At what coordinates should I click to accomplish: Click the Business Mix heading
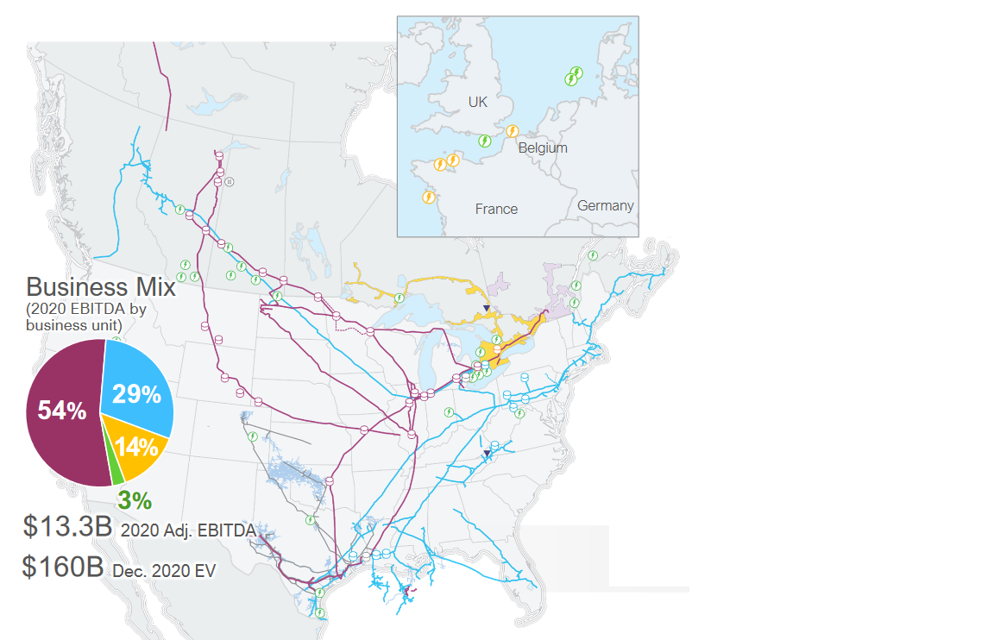[x=101, y=287]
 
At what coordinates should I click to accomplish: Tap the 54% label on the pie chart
[x=61, y=411]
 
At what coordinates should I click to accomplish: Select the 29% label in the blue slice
[x=136, y=395]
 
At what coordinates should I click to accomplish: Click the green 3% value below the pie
[x=135, y=500]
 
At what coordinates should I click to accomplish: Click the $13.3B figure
[x=68, y=527]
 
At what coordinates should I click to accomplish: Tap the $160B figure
[x=63, y=567]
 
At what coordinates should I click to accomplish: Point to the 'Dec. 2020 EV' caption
[x=163, y=570]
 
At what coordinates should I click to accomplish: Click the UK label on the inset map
[x=477, y=102]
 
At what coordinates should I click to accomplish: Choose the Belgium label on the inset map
[x=543, y=147]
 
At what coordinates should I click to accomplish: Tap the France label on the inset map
[x=496, y=209]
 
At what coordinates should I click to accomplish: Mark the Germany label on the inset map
[x=605, y=205]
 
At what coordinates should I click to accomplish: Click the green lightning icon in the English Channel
[x=485, y=141]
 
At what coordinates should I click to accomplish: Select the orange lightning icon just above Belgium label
[x=512, y=131]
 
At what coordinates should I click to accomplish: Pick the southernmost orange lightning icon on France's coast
[x=428, y=198]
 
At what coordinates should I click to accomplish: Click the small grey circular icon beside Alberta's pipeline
[x=230, y=182]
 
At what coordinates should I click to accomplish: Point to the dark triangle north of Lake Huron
[x=486, y=308]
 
